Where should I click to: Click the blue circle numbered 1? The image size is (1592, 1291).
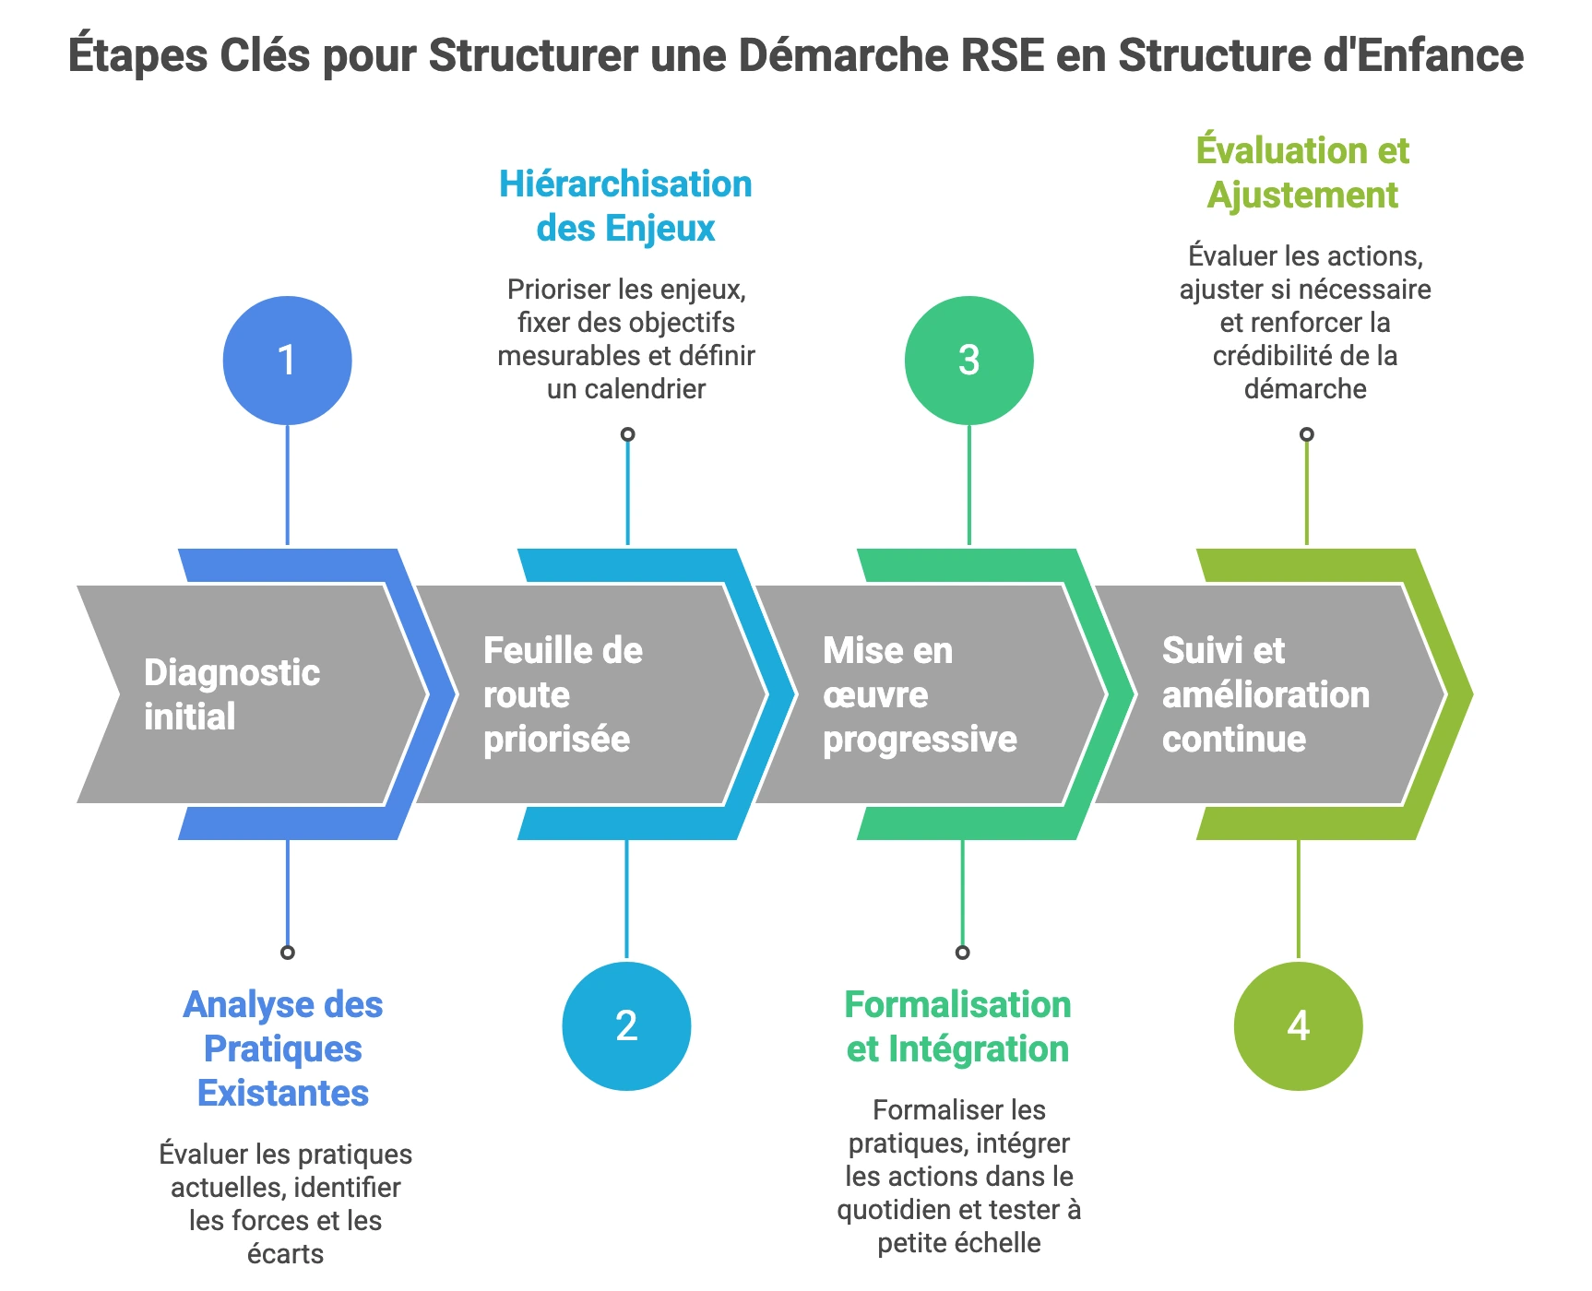coord(287,360)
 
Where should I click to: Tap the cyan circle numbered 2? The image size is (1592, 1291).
coord(626,1025)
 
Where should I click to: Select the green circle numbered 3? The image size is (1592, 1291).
coord(968,360)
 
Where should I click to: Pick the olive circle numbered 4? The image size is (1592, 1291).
coord(1298,1025)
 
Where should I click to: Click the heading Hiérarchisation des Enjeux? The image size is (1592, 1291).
coord(625,206)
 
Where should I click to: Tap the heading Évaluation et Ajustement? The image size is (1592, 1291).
coord(1302,172)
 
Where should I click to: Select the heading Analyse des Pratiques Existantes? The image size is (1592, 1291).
coord(283,1048)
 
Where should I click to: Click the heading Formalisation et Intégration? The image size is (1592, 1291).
coord(957,1026)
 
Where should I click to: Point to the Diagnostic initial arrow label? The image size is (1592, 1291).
coord(232,694)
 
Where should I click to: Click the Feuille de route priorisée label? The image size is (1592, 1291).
coord(563,694)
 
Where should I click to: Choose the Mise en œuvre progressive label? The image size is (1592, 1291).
coord(919,694)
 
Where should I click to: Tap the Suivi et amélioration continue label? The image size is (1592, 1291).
coord(1265,694)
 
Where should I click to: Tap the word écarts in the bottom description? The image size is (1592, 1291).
coord(285,1254)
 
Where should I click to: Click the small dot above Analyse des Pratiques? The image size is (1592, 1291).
coord(288,953)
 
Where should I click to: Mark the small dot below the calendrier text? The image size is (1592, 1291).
coord(627,434)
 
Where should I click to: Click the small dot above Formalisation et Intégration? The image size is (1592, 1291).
coord(962,953)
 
